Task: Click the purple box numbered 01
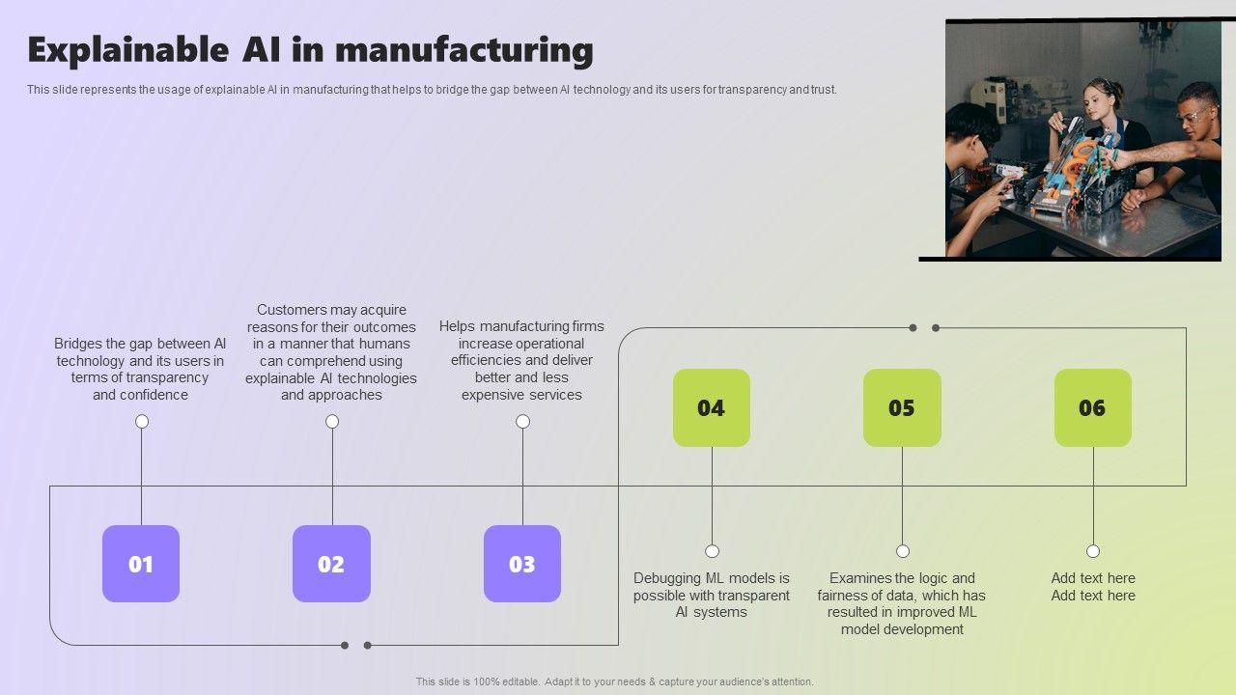tap(141, 564)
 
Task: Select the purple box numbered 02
tap(331, 564)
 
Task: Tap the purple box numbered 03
tap(522, 564)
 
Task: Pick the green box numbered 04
tap(712, 407)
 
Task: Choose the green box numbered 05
tap(902, 407)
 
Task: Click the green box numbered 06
tap(1092, 407)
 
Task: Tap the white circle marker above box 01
tap(142, 421)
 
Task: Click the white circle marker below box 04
tap(712, 551)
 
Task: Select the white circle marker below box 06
tap(1093, 551)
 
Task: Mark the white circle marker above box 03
tap(522, 421)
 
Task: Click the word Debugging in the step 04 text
tap(667, 578)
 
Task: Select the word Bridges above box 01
tap(78, 344)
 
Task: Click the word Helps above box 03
tap(458, 326)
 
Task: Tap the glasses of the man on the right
tap(1192, 116)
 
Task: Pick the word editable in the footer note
tap(520, 681)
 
